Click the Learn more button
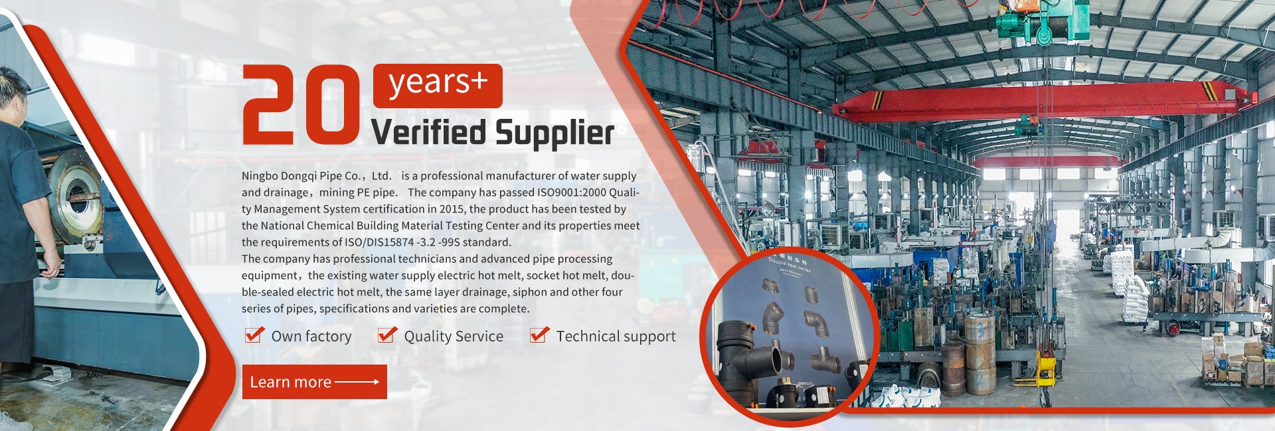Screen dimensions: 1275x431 tap(314, 382)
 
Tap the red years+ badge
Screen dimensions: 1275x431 tap(438, 86)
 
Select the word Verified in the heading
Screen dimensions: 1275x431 tap(428, 131)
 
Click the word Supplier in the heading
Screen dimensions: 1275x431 tap(554, 133)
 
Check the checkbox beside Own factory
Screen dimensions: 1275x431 tap(254, 335)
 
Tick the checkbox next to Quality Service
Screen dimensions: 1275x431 tap(387, 335)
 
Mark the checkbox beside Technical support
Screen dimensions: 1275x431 tap(540, 335)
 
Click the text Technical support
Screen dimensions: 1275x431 tap(616, 337)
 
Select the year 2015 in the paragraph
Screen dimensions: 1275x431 tap(452, 209)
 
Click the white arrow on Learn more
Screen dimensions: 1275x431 tap(357, 382)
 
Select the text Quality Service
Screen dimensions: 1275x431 tap(454, 337)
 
